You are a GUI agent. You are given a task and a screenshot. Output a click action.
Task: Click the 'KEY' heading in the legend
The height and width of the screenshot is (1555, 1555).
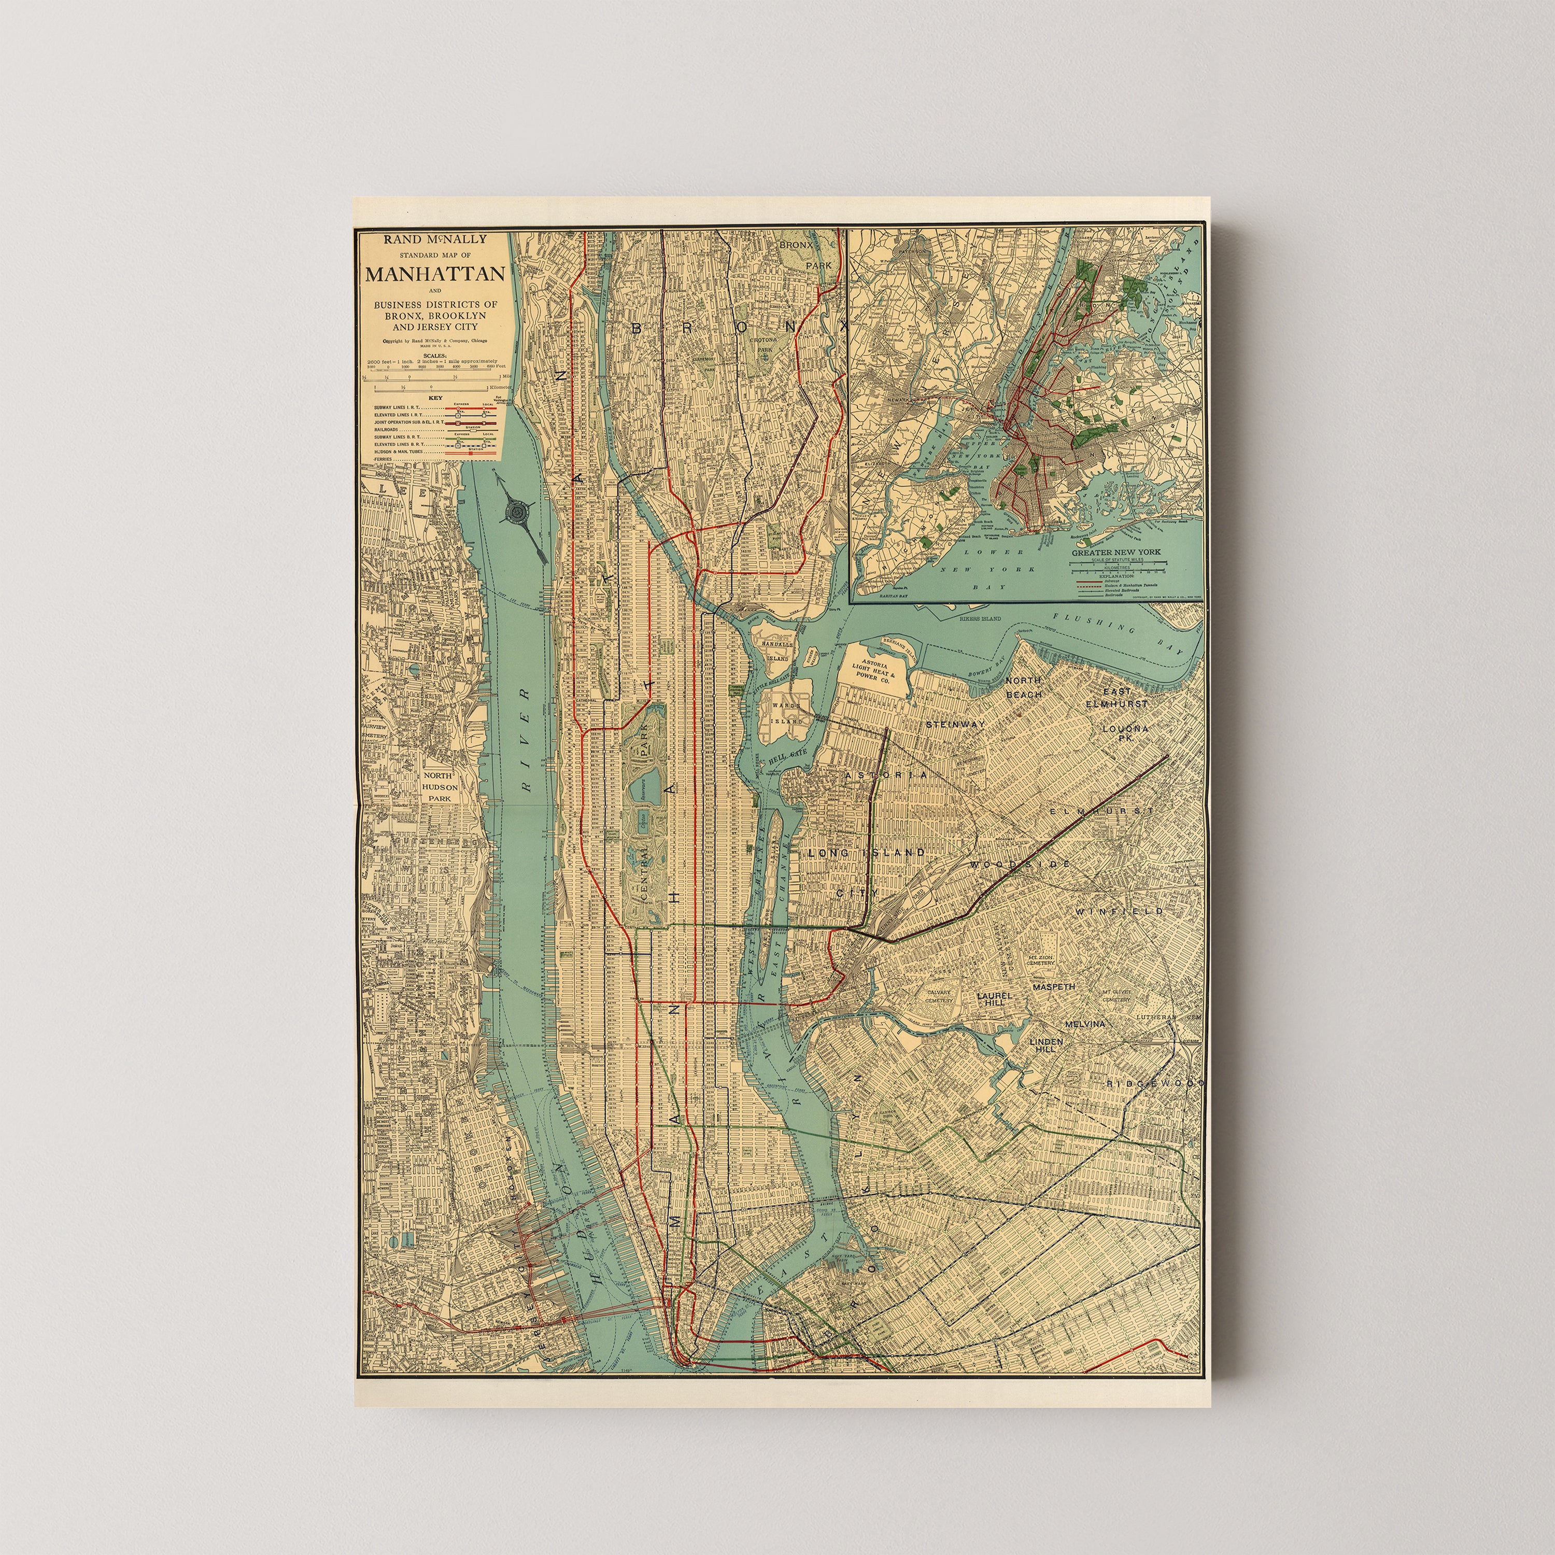435,398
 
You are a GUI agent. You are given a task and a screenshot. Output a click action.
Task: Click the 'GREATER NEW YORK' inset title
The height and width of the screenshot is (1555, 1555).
1115,552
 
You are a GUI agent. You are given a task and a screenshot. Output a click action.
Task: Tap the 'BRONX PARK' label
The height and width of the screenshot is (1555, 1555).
805,253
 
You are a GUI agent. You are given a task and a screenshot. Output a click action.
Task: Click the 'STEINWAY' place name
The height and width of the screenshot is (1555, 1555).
955,725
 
